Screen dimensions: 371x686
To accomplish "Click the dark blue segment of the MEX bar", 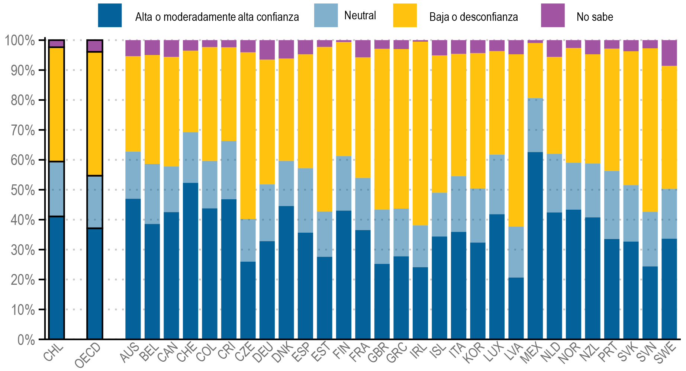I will (x=535, y=245).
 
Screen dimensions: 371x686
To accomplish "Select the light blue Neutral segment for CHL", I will (x=57, y=189).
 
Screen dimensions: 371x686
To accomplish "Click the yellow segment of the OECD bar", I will (x=95, y=113).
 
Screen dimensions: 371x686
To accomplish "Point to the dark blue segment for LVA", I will (x=516, y=308).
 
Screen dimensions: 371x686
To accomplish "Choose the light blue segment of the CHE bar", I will (x=190, y=157).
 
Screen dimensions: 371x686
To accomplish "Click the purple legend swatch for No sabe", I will (x=553, y=16).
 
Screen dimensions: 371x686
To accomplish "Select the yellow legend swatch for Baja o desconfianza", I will (x=405, y=16).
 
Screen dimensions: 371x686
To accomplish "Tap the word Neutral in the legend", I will (x=360, y=16).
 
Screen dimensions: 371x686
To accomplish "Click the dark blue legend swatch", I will (x=110, y=16).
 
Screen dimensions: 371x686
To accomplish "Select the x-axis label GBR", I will (x=379, y=353).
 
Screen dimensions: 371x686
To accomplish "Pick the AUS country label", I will (x=130, y=353).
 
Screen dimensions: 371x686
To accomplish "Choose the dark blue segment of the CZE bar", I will (x=248, y=300).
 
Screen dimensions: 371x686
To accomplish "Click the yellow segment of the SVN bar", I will (x=650, y=130).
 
